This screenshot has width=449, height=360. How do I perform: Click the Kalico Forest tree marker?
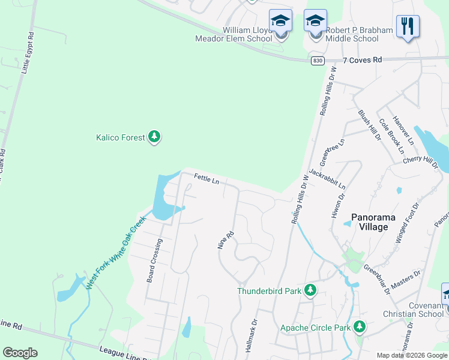coord(155,137)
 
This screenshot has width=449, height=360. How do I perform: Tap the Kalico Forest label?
coord(121,137)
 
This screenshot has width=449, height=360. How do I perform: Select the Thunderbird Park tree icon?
coord(310,291)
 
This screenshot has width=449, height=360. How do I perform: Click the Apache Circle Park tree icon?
coord(359,327)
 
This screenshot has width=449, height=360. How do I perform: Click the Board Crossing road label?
coord(154,261)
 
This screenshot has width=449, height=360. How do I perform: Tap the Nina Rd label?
coord(224,240)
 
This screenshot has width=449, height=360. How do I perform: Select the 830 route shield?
coord(318,61)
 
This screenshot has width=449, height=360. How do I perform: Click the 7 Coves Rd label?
coord(363,60)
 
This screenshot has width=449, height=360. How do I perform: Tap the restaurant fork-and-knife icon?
coord(408,26)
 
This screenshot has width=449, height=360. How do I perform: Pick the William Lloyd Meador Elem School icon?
coord(280,22)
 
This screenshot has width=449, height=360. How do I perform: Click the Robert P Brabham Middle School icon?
coord(315,22)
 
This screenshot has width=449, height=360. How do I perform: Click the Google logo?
coord(20,353)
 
